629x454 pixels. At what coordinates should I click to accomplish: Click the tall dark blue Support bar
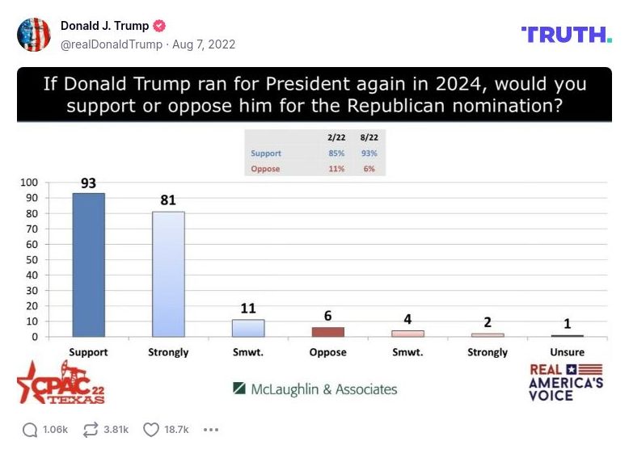(88, 265)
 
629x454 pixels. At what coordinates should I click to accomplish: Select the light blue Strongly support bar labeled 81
(168, 274)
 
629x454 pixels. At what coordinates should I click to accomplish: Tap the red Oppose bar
(327, 331)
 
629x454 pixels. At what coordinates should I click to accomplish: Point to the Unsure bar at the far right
(567, 335)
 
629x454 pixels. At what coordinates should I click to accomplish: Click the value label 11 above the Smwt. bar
(248, 309)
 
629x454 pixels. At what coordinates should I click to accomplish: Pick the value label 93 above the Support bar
(88, 183)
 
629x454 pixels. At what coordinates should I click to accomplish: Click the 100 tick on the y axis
(30, 183)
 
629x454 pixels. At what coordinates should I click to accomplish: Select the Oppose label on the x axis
(327, 352)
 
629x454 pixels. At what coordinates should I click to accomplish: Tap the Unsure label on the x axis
(567, 352)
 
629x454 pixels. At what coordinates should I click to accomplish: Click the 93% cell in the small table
(369, 153)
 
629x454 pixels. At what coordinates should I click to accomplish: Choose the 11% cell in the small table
(336, 169)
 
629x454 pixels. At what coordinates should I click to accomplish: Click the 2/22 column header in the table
(336, 138)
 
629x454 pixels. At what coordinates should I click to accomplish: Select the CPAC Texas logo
(61, 382)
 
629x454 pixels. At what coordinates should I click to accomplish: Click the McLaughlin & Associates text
(315, 389)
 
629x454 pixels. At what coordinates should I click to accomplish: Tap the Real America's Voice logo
(565, 382)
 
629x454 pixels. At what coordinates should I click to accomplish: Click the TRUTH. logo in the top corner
(566, 34)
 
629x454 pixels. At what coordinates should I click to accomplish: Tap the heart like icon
(150, 430)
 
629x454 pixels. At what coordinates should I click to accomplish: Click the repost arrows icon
(91, 430)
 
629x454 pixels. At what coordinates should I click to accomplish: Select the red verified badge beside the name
(159, 26)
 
